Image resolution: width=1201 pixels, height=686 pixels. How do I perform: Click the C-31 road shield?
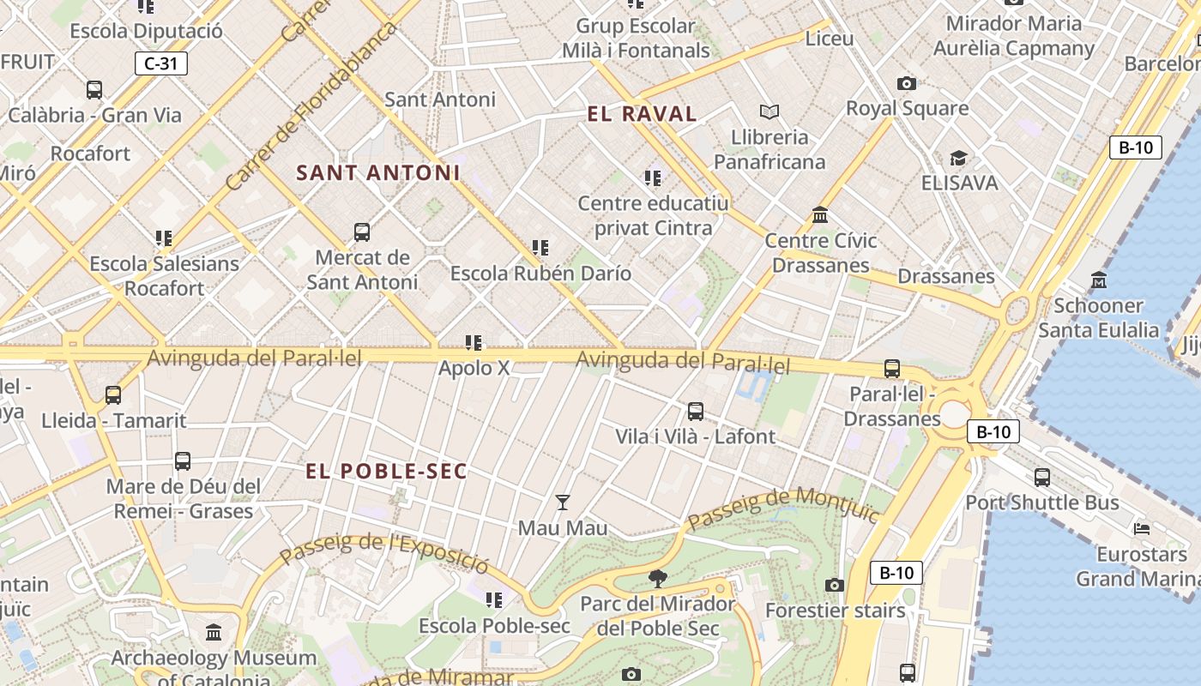[x=160, y=63]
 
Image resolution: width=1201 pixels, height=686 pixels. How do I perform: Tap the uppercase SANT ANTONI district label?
[x=378, y=173]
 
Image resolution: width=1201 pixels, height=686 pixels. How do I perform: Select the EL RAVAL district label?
[x=643, y=114]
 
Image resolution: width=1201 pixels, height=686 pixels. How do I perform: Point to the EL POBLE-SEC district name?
[x=387, y=472]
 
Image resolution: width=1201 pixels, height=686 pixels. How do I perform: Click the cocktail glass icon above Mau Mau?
[x=563, y=502]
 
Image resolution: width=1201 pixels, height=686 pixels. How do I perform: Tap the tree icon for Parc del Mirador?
[x=658, y=578]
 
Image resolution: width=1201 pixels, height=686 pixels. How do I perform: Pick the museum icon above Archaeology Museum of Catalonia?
[x=214, y=633]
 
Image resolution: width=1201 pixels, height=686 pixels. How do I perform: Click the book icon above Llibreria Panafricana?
[x=769, y=111]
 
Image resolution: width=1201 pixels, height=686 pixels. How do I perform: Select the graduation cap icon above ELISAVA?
[x=958, y=159]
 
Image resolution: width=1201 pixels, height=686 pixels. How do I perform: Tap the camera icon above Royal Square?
[x=907, y=83]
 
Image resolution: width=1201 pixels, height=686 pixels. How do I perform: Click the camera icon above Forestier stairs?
[x=834, y=585]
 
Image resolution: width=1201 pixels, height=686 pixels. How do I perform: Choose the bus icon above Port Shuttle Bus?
[x=1042, y=478]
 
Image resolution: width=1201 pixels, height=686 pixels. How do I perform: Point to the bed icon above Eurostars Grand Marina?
[x=1141, y=529]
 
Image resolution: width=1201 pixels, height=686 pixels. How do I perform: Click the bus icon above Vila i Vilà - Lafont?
[x=696, y=412]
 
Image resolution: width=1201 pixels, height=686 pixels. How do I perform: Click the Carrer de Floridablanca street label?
[x=312, y=106]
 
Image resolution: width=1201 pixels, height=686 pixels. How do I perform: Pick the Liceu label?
[x=830, y=39]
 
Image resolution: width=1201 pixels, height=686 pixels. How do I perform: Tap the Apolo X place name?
[x=474, y=369]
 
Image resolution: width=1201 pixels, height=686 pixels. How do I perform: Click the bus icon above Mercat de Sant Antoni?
[x=362, y=232]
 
